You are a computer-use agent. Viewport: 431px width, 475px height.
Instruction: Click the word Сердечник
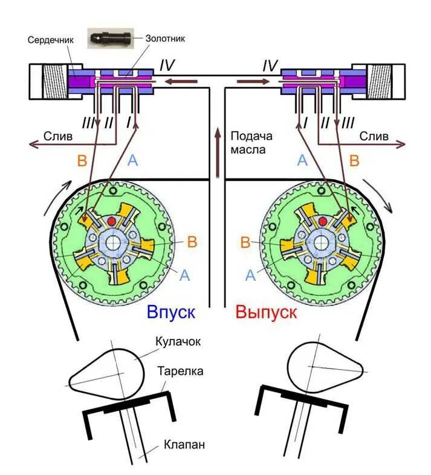click(50, 39)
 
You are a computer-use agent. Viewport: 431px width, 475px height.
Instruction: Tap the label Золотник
click(165, 38)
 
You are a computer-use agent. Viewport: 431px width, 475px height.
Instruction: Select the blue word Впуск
click(171, 312)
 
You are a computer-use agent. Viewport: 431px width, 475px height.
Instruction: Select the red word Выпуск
click(266, 312)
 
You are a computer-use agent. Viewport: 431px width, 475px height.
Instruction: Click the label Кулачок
click(179, 342)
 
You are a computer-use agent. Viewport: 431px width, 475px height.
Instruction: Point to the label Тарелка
click(180, 370)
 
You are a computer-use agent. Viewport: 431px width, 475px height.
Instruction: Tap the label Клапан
click(184, 445)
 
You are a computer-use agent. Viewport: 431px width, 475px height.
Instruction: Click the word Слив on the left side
click(58, 137)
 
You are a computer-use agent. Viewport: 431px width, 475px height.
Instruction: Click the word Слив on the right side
click(374, 137)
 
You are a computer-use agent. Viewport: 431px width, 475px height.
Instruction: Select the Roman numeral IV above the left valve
click(167, 64)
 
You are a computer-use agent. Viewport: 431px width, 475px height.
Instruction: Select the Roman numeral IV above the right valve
click(270, 64)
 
